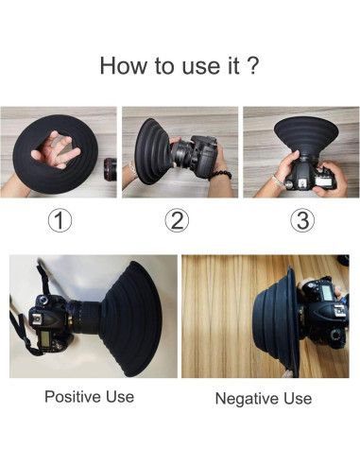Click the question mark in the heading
tap(251, 65)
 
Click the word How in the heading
tap(124, 65)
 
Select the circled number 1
tap(60, 220)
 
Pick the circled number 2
tap(177, 220)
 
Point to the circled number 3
tap(302, 220)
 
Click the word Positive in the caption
tap(74, 396)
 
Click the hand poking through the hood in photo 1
tap(56, 149)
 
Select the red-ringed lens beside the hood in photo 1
tap(111, 169)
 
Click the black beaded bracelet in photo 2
tap(220, 175)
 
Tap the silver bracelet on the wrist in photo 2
tap(133, 170)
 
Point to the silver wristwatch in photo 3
tap(277, 181)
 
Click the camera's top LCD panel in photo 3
tap(322, 181)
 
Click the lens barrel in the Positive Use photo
tap(85, 317)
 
